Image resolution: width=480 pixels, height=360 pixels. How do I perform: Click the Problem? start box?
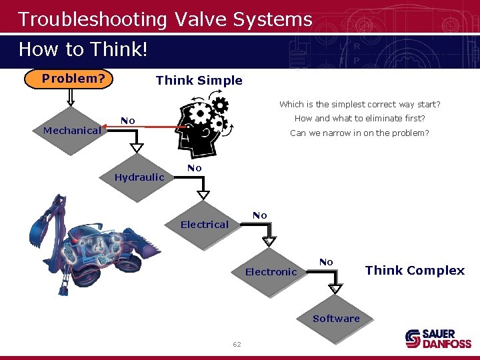click(x=73, y=79)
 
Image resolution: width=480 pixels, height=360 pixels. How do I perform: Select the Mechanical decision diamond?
click(x=72, y=131)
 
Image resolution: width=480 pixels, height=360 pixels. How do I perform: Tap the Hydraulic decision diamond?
click(x=139, y=177)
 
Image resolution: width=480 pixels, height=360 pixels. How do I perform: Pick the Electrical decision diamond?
click(x=204, y=225)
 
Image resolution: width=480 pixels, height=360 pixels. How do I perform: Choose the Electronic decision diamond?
click(x=271, y=272)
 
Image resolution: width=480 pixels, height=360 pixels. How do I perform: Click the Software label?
click(x=336, y=319)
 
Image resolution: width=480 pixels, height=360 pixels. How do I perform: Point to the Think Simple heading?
click(x=199, y=81)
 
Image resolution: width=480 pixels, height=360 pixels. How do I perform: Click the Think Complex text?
click(x=415, y=270)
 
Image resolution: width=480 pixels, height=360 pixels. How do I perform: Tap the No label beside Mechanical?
click(x=128, y=121)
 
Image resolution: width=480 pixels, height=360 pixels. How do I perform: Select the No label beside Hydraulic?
click(x=194, y=168)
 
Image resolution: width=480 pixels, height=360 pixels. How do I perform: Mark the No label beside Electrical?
click(x=260, y=215)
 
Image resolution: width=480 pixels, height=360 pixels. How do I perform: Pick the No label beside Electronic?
click(x=326, y=262)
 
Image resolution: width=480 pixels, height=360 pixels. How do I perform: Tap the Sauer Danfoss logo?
click(x=438, y=339)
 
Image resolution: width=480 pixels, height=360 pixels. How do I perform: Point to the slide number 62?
click(x=237, y=344)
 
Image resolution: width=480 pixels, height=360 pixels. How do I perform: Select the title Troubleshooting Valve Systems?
click(x=165, y=19)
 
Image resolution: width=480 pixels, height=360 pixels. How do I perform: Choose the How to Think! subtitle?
click(x=83, y=49)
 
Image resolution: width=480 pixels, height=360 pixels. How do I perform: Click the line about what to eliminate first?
click(x=359, y=119)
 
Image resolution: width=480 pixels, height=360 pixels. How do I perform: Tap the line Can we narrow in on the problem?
click(x=359, y=133)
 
